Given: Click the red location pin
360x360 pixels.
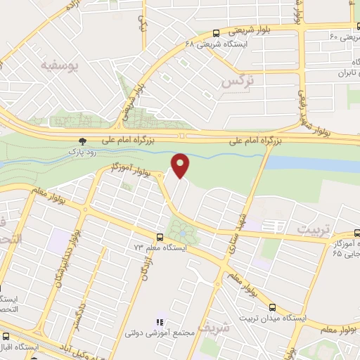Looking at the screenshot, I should (x=181, y=165).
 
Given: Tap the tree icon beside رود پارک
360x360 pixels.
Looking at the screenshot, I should (x=84, y=141).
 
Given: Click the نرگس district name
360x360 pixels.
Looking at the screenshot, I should (x=237, y=82).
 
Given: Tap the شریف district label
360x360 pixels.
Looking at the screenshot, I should (x=213, y=327).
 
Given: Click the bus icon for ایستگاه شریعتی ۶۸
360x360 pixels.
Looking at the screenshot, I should (x=216, y=32).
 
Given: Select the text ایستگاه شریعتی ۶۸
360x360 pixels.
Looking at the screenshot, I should (x=210, y=43).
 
